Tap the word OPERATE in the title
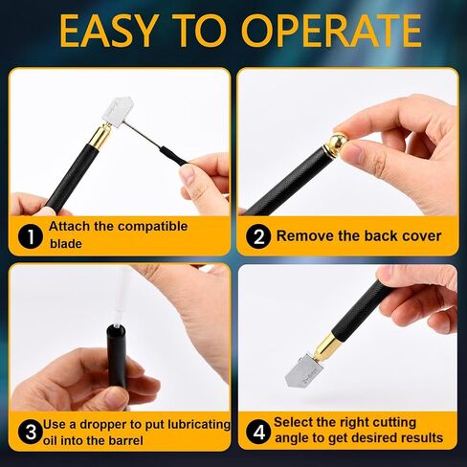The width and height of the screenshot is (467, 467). [332, 31]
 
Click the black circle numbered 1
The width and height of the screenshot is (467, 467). [31, 236]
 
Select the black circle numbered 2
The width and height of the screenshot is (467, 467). [258, 236]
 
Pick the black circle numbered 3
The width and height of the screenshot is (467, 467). [31, 433]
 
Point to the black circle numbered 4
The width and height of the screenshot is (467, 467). [258, 433]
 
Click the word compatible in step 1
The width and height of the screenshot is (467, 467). [152, 227]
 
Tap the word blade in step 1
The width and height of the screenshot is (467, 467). [66, 244]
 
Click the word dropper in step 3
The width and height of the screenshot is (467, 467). [103, 425]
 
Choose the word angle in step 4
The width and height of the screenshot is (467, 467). [292, 439]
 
